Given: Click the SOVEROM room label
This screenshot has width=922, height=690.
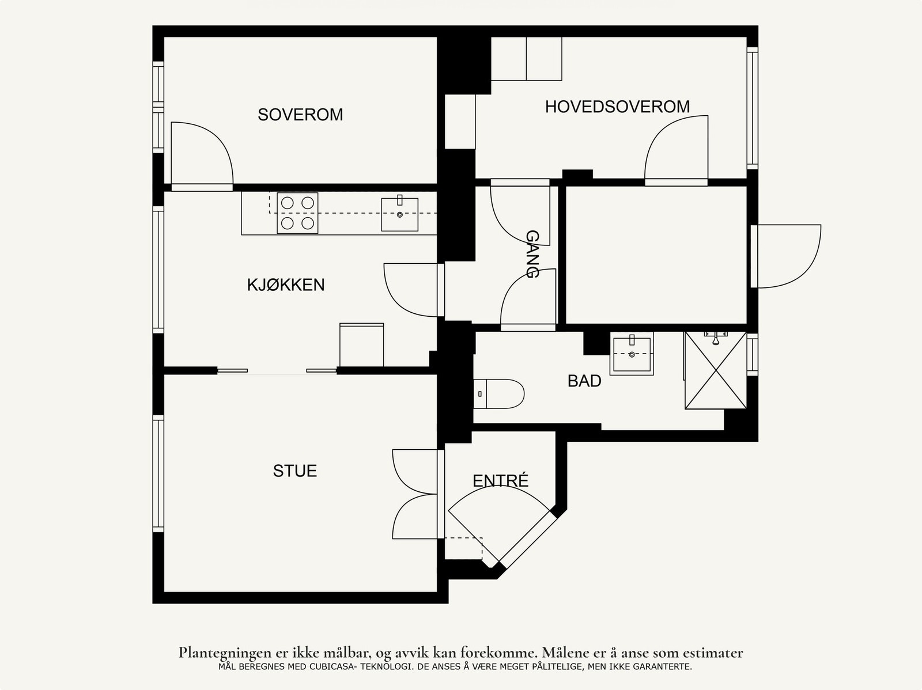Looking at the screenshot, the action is (300, 115).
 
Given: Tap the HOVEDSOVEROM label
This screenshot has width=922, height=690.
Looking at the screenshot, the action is (618, 107).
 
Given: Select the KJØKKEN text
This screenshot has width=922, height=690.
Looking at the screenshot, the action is (286, 285).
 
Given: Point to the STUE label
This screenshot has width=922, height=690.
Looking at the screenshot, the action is (295, 471).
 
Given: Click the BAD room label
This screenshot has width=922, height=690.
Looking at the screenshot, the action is (584, 381).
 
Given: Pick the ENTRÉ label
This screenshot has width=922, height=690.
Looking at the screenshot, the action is (500, 480).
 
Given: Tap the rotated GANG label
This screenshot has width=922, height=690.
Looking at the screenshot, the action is (532, 254).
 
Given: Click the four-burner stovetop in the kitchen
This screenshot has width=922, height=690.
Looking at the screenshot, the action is (297, 213).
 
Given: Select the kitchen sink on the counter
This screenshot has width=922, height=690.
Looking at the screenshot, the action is (399, 214).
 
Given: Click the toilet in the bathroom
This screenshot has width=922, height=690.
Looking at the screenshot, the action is (499, 394).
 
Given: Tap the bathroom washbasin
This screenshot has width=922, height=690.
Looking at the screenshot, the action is (632, 354).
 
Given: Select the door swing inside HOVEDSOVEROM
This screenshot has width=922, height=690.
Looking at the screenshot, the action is (677, 151).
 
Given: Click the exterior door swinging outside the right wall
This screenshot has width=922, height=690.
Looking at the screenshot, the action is (785, 256).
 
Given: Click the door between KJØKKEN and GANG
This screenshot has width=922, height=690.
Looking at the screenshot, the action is (414, 290).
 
